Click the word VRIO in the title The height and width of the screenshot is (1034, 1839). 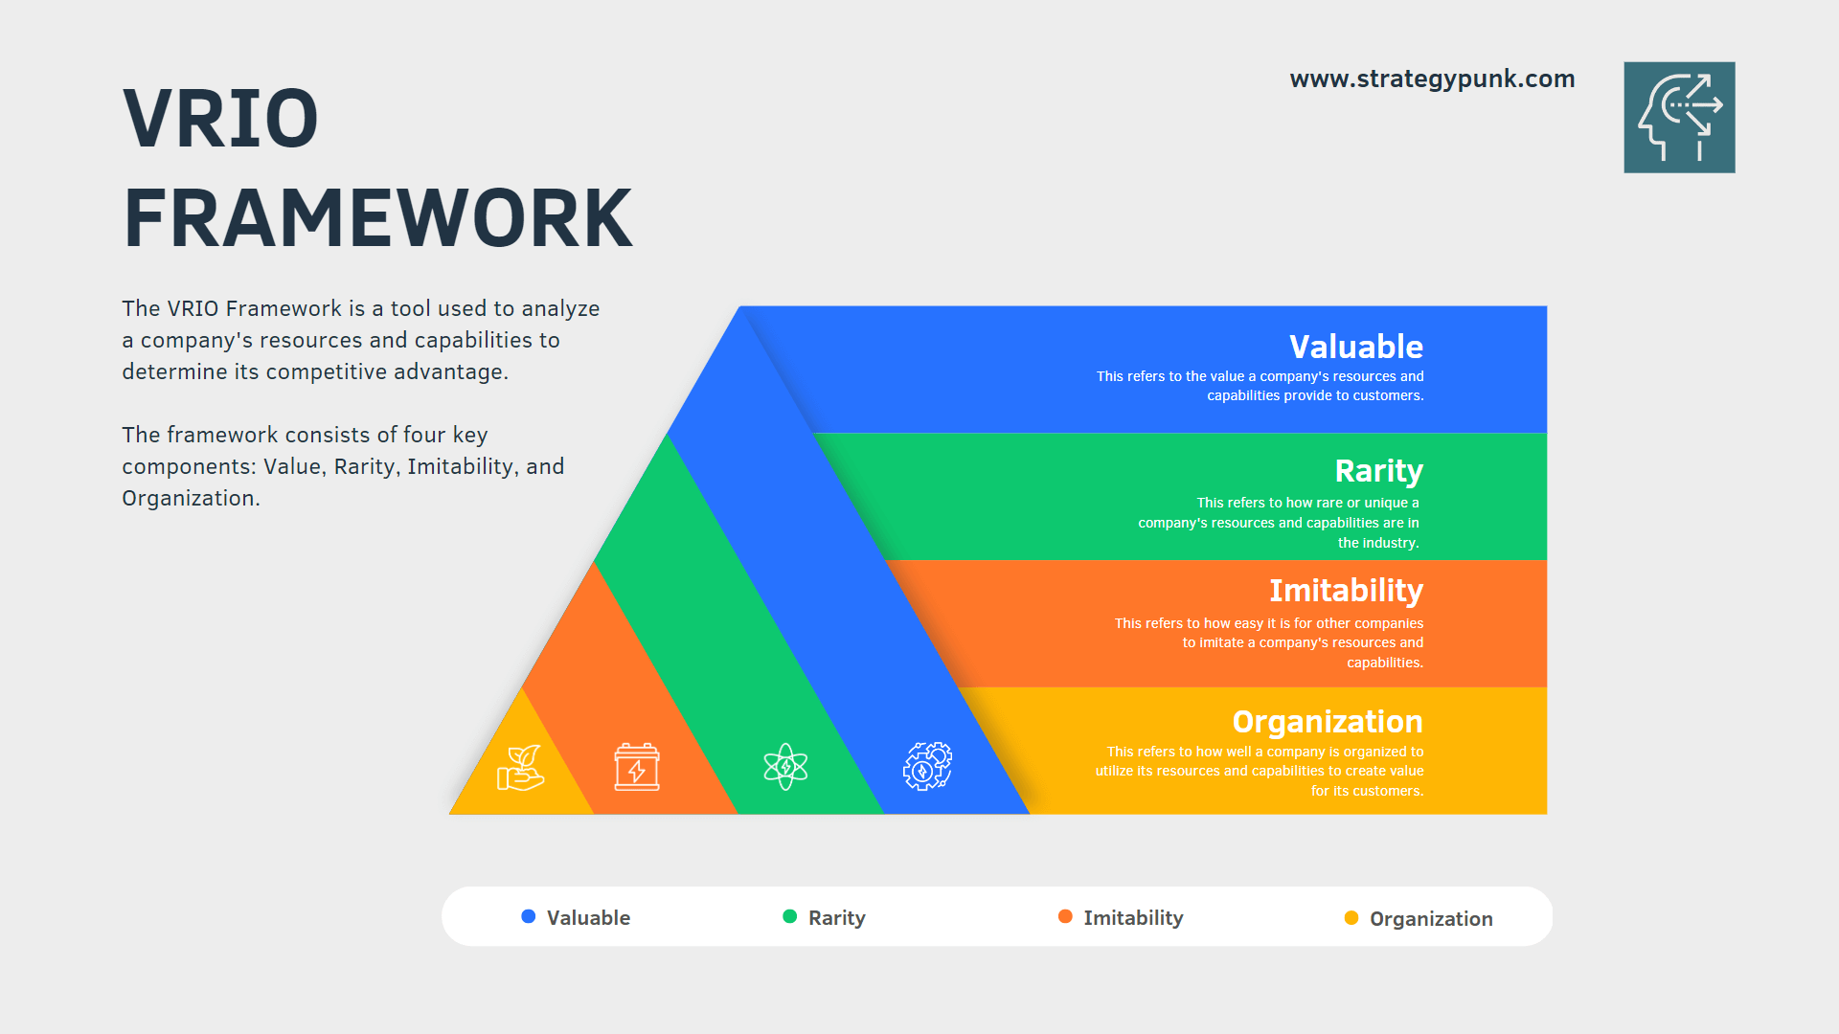click(220, 119)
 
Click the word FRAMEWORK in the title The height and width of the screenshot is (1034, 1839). click(377, 218)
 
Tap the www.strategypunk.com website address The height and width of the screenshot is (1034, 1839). click(1432, 79)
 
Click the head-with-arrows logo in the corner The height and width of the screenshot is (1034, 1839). click(1679, 117)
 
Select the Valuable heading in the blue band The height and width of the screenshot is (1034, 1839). click(1355, 347)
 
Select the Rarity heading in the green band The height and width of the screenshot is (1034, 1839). click(1378, 471)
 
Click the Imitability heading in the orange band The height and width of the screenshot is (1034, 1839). click(1346, 591)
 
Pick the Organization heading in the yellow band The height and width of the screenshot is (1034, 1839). click(1327, 721)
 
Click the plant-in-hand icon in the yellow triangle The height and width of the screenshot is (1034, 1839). click(521, 768)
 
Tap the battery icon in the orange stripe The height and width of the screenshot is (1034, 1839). click(637, 767)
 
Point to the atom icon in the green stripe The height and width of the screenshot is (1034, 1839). click(785, 767)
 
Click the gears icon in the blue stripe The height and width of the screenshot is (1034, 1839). click(927, 766)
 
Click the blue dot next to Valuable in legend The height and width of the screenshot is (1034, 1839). click(528, 916)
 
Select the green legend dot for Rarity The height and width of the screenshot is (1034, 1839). click(789, 916)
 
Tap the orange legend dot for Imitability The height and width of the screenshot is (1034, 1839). click(1064, 916)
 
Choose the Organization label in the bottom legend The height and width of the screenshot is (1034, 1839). click(1431, 919)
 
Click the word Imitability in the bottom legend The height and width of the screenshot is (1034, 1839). click(1133, 918)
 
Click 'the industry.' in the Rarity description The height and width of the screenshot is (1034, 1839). click(1378, 543)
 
